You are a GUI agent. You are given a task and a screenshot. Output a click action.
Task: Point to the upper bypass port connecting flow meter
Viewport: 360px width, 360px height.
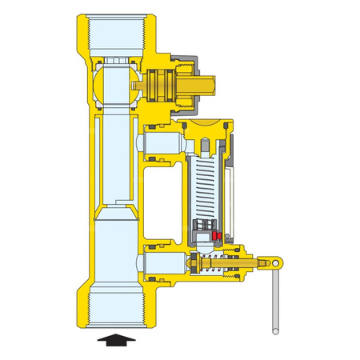point(159,144)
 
